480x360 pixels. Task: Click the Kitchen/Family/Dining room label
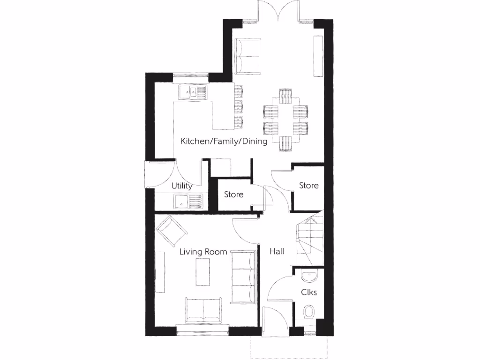(x=224, y=141)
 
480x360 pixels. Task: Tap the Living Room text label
(x=203, y=252)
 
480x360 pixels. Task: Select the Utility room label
(x=182, y=186)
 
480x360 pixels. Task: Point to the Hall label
(x=277, y=252)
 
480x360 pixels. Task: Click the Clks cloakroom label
(x=309, y=292)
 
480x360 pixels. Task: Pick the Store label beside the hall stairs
(x=309, y=186)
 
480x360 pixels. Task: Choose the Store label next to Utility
(x=233, y=194)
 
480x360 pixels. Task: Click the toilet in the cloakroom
(x=309, y=312)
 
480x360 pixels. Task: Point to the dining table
(x=285, y=120)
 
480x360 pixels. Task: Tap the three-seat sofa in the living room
(x=243, y=277)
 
